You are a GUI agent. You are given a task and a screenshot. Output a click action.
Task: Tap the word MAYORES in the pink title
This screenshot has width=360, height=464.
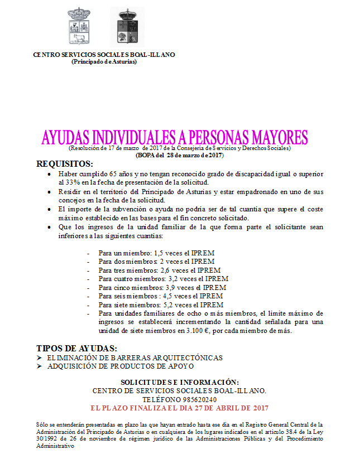pos(273,137)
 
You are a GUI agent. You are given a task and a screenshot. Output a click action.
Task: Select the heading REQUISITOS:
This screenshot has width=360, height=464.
pos(64,164)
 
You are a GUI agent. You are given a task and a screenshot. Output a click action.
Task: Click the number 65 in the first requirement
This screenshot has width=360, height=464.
pos(114,174)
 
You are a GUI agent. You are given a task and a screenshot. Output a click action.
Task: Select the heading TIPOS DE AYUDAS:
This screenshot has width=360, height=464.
pos(76,349)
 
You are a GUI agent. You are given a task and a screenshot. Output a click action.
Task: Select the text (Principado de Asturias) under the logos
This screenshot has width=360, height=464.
pos(104,61)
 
